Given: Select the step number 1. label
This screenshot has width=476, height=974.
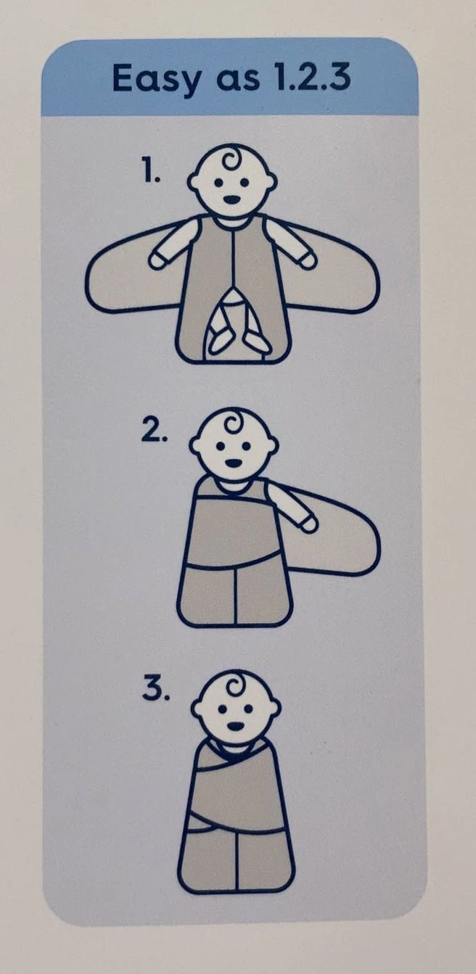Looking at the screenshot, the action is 152,173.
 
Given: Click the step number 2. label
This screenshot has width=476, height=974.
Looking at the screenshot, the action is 154,432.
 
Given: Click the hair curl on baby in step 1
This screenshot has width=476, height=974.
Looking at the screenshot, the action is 235,162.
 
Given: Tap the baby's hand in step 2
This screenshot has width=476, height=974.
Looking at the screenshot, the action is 308,524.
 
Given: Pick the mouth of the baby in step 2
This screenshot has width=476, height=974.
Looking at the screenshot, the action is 234,463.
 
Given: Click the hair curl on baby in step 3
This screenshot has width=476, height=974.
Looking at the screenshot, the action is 237,687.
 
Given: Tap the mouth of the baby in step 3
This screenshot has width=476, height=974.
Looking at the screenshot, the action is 235,726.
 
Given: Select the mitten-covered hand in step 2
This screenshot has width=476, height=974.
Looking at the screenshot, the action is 308,524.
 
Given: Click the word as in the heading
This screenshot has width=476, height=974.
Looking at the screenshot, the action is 237,82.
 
